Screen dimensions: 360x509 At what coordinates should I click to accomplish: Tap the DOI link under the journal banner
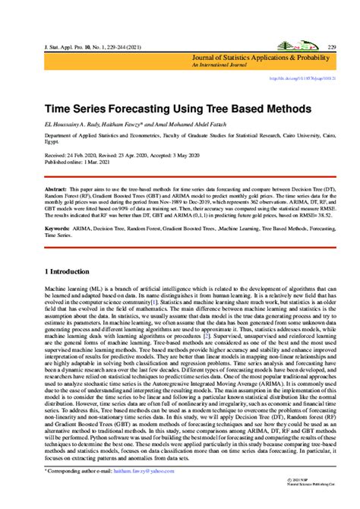(x=304, y=78)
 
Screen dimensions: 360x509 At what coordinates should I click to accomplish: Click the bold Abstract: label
(x=56, y=188)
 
